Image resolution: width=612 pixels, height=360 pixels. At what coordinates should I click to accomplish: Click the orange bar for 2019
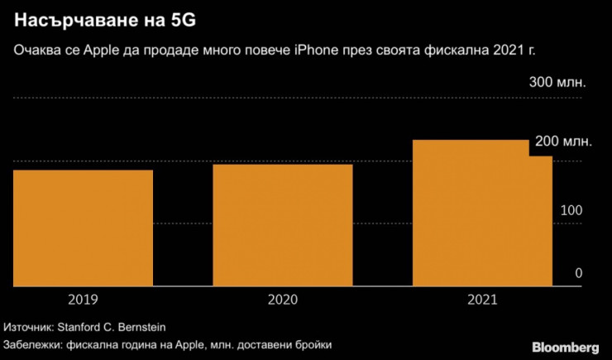tap(83, 228)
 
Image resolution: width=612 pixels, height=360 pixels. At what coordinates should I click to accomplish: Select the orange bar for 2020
tap(283, 225)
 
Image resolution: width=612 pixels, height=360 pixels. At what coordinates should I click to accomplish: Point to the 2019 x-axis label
tap(83, 299)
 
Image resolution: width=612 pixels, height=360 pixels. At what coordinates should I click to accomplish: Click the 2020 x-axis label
tap(283, 299)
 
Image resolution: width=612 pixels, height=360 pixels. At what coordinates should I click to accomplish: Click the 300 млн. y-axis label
tap(557, 83)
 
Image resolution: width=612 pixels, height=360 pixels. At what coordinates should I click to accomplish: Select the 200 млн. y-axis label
tap(564, 142)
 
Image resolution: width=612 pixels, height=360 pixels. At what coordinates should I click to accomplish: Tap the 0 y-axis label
tap(579, 273)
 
